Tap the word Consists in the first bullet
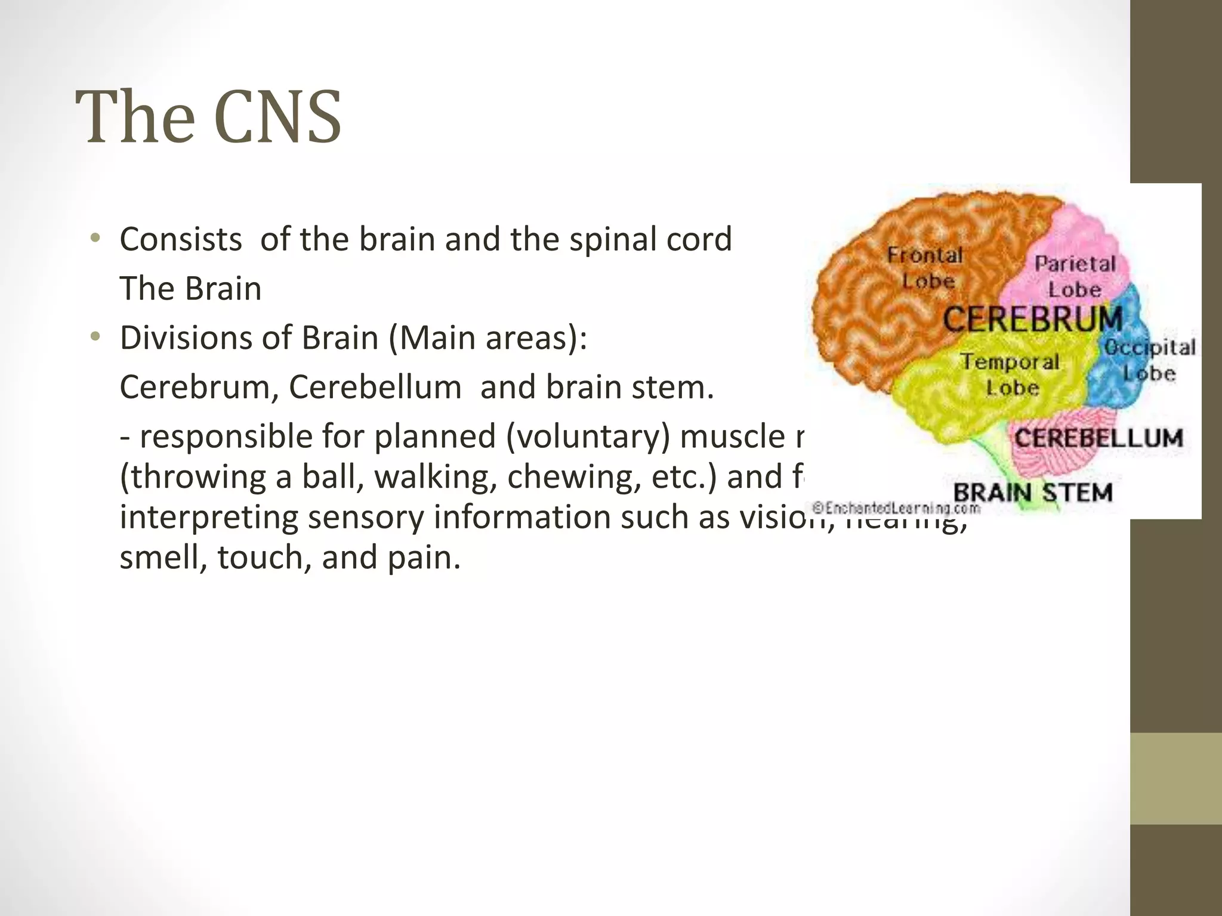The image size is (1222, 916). (x=181, y=240)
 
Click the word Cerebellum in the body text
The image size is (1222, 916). (x=375, y=388)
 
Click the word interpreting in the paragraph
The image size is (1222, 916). (x=208, y=517)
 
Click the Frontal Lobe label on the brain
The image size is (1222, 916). (x=926, y=268)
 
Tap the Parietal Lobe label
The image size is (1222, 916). (x=1075, y=277)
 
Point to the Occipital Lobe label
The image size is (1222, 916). (x=1149, y=360)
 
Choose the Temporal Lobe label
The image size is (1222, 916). (x=1010, y=375)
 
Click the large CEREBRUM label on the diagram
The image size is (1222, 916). (x=1032, y=319)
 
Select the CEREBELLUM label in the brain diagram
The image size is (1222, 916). (x=1098, y=439)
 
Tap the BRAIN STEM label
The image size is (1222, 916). (x=1033, y=493)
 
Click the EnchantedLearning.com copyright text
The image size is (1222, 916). (x=897, y=509)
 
